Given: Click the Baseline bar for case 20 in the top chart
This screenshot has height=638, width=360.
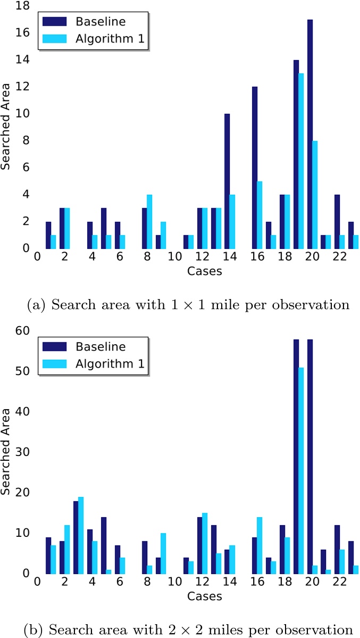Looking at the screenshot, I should [x=310, y=134].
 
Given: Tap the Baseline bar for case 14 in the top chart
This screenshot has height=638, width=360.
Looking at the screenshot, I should [x=227, y=181].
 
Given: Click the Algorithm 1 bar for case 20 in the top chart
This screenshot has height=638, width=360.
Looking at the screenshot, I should [x=315, y=194].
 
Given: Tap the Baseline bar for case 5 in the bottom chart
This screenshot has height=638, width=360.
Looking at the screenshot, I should [x=104, y=545].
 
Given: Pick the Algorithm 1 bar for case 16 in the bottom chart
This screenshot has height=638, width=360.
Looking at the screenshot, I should [x=259, y=545].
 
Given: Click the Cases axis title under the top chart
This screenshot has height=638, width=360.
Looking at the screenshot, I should [x=204, y=271].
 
